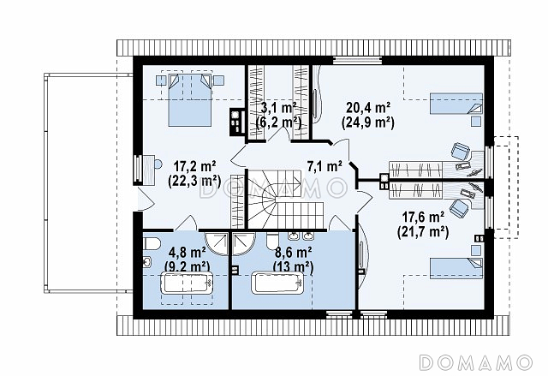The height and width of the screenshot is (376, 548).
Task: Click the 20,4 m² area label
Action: click(x=368, y=108)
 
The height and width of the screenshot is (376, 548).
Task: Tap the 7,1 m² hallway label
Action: click(x=324, y=166)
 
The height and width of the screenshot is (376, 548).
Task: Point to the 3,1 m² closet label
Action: click(x=279, y=108)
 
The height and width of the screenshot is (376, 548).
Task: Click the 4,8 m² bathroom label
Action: click(x=187, y=252)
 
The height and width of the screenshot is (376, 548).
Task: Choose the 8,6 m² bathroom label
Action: click(x=293, y=252)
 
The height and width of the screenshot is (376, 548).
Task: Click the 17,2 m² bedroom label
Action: click(x=194, y=166)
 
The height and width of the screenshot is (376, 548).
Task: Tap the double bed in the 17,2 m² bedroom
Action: click(x=190, y=99)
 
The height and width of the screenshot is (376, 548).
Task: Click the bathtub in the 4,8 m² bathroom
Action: click(x=188, y=283)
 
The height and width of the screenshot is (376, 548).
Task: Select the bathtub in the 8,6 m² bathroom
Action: click(x=278, y=283)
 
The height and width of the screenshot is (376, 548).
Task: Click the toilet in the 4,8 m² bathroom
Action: click(x=152, y=243)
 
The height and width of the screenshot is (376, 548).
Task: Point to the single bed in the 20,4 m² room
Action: click(x=456, y=103)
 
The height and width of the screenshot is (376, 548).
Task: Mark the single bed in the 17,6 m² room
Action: click(x=456, y=268)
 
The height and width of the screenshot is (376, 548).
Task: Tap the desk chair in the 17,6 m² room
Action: click(x=459, y=207)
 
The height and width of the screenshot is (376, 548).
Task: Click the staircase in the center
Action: click(x=284, y=200)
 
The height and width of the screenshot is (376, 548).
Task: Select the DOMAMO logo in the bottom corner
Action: click(x=475, y=362)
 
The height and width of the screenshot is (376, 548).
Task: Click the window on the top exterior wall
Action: click(x=357, y=60)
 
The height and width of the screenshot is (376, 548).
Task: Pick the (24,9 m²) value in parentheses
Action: click(x=368, y=122)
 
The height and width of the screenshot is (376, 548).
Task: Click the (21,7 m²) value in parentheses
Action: click(x=423, y=231)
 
